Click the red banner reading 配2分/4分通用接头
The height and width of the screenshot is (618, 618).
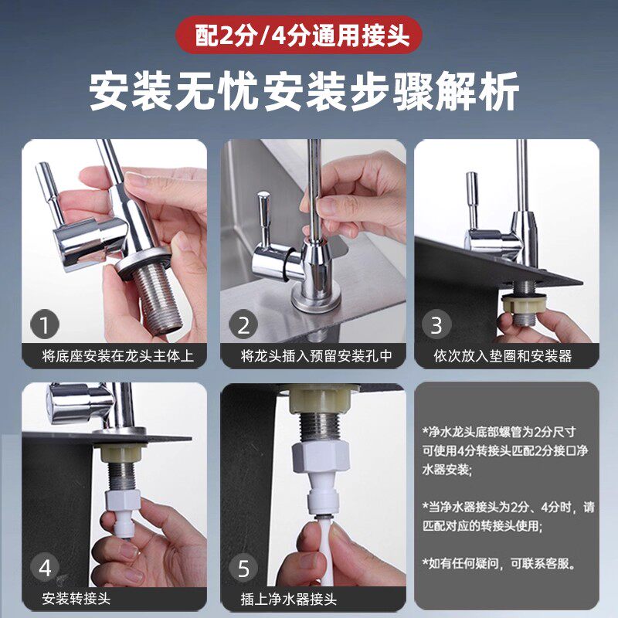[298, 35]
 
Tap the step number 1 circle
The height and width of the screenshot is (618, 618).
[45, 324]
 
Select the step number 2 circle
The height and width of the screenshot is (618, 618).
[243, 324]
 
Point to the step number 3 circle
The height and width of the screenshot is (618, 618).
[436, 324]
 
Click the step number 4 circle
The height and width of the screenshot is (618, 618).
[45, 568]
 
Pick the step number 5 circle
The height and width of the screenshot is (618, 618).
[243, 568]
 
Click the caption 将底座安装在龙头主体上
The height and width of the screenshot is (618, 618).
[118, 356]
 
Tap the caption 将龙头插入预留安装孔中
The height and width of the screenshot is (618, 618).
[317, 356]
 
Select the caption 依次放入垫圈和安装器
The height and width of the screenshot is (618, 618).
[503, 356]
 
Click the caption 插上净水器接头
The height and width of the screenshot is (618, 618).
[288, 599]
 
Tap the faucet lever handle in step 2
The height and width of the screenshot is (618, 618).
[264, 219]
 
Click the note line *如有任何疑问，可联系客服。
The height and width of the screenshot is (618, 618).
[499, 563]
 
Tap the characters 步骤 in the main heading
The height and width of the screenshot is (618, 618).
[411, 91]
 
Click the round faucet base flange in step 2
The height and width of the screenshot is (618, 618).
[316, 301]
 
